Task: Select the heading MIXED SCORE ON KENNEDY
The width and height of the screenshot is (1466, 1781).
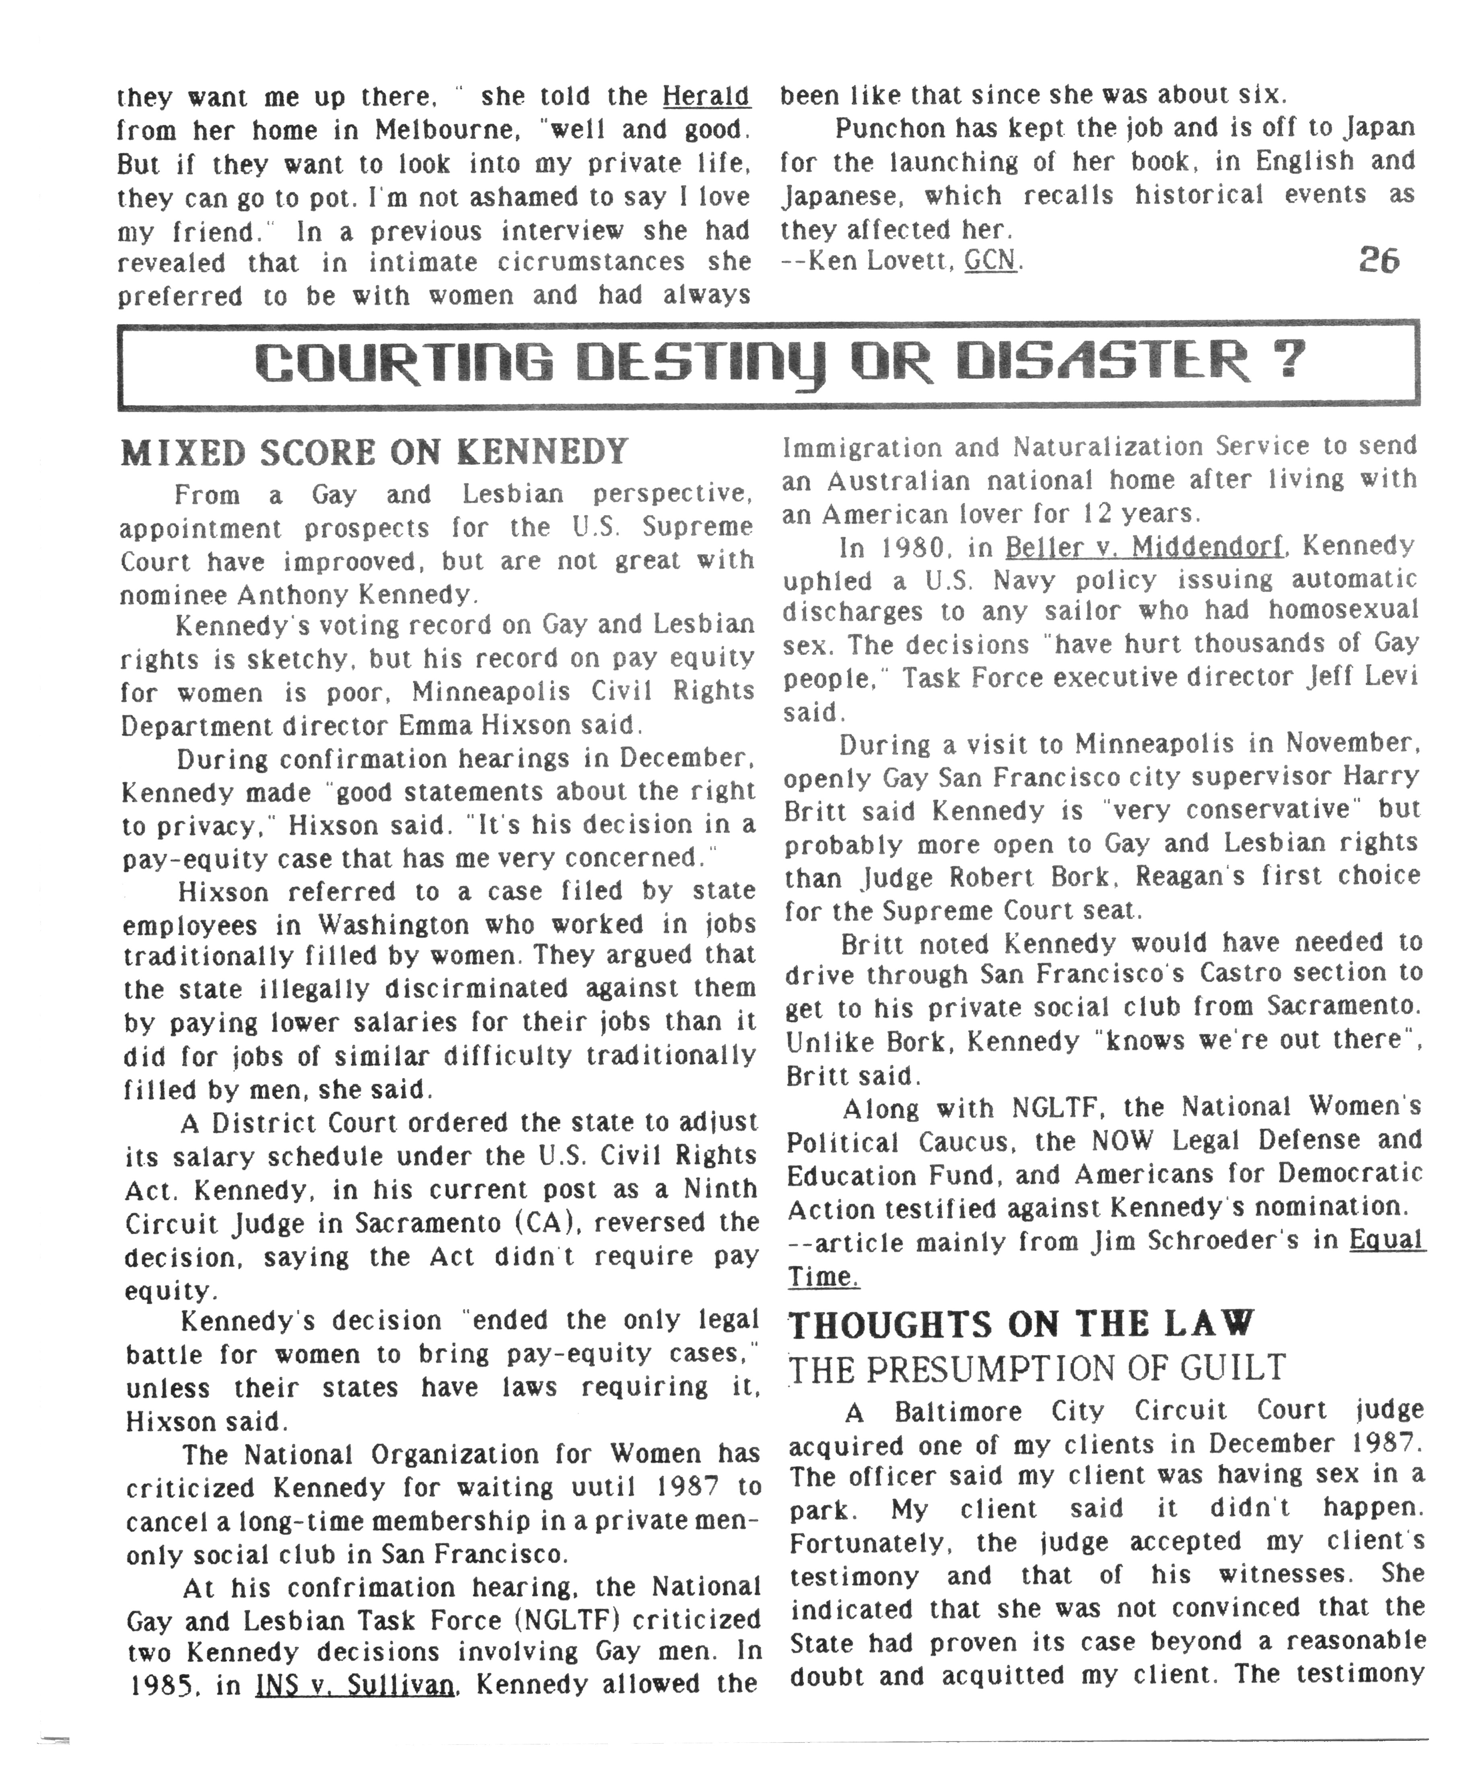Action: tap(374, 453)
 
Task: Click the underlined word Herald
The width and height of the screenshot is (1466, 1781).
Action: tap(706, 96)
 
